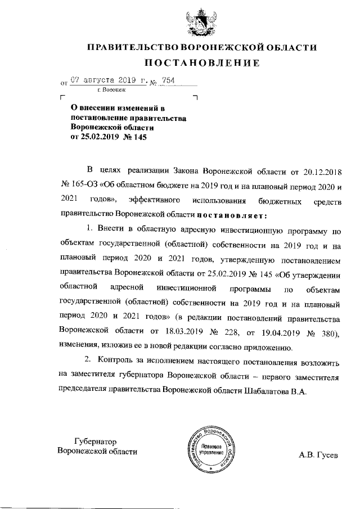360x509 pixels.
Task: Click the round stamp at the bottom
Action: coord(210,449)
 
